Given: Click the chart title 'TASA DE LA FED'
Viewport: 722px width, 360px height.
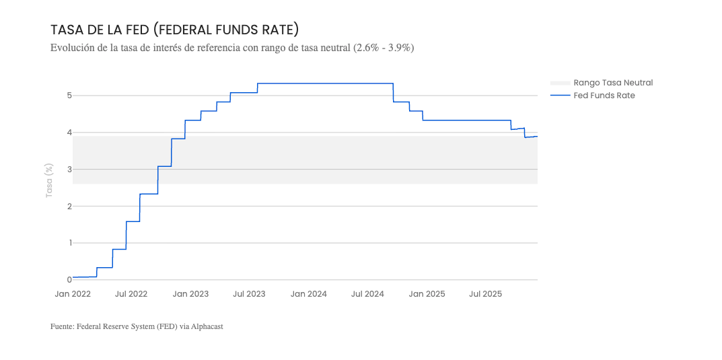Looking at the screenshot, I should coord(174,30).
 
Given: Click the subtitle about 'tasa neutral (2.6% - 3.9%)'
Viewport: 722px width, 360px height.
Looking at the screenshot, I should coord(231,48).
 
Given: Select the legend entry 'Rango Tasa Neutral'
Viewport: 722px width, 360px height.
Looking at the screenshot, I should coord(613,83).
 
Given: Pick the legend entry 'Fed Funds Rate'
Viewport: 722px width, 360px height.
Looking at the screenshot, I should coord(604,96).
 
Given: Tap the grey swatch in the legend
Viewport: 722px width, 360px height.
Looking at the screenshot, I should coord(560,83).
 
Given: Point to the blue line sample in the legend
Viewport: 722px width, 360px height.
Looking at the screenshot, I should coord(560,96).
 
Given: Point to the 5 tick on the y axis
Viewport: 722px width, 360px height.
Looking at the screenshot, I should coord(69,96).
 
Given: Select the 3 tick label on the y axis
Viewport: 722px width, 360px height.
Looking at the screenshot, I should coord(69,170).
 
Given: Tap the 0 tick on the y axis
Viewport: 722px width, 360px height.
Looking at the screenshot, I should coord(69,280).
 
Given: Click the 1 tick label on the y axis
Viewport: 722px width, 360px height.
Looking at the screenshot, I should coord(69,243).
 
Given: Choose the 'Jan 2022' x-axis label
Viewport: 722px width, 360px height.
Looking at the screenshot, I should coord(73,294).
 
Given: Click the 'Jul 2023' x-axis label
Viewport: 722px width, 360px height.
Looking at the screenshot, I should coord(249,294).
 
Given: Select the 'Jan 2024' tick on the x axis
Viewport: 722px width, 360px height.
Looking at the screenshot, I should coord(309,294).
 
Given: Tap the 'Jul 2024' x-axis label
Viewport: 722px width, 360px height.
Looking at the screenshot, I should coord(367,294).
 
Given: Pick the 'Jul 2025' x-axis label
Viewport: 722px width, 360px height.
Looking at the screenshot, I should coord(485,294).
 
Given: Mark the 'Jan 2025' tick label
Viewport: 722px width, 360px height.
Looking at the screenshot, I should coord(427,294).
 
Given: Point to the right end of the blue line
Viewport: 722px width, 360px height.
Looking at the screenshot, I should coord(537,137).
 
